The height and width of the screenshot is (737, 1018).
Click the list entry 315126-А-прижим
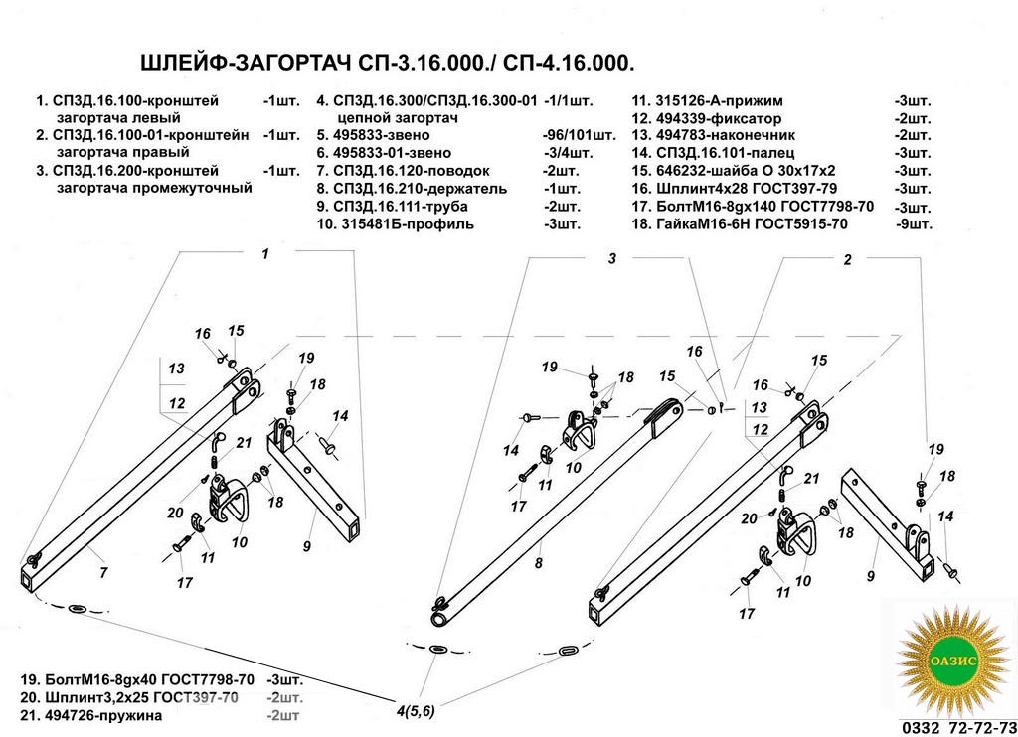pos(715,100)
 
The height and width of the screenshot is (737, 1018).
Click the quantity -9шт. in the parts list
pos(913,224)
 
